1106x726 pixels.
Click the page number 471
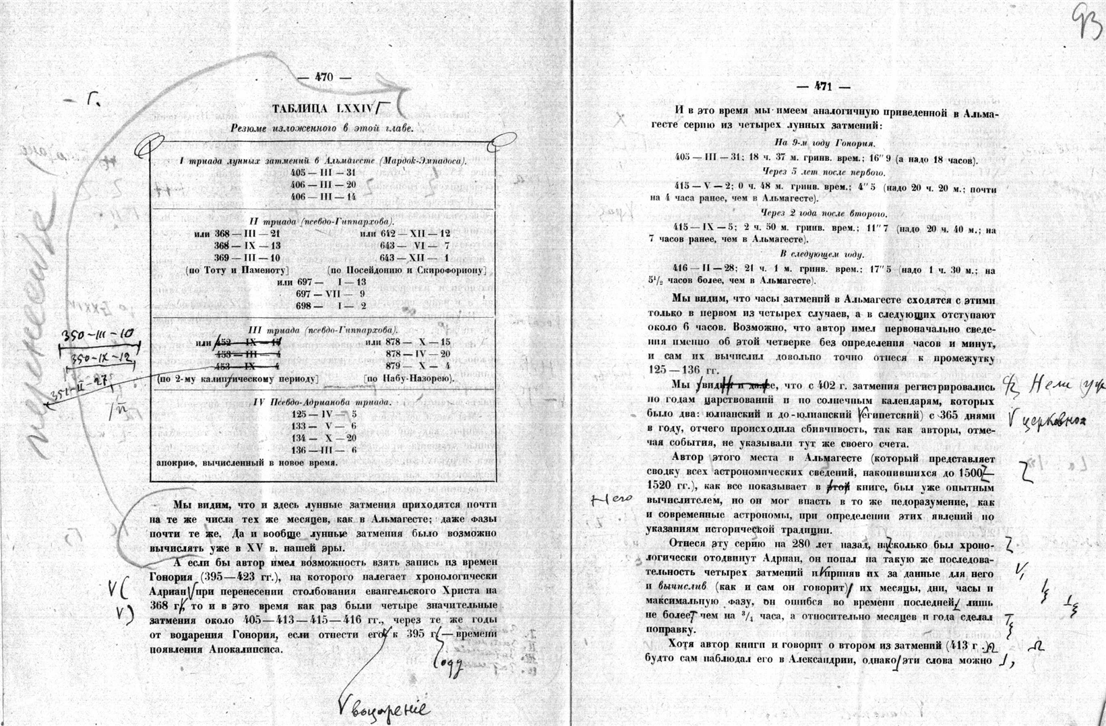pos(823,87)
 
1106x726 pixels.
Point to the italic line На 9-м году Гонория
pos(824,143)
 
